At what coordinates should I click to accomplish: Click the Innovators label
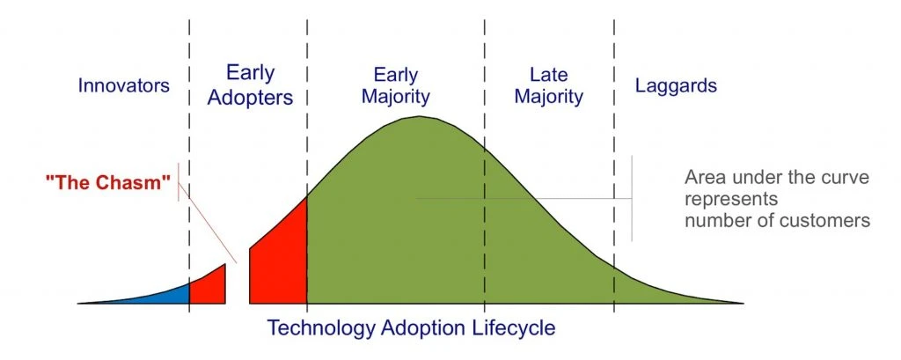click(123, 86)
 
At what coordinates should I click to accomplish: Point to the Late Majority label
click(548, 84)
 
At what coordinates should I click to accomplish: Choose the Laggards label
click(676, 86)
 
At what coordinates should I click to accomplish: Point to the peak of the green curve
click(421, 117)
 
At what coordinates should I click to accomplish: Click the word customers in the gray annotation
click(823, 220)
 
